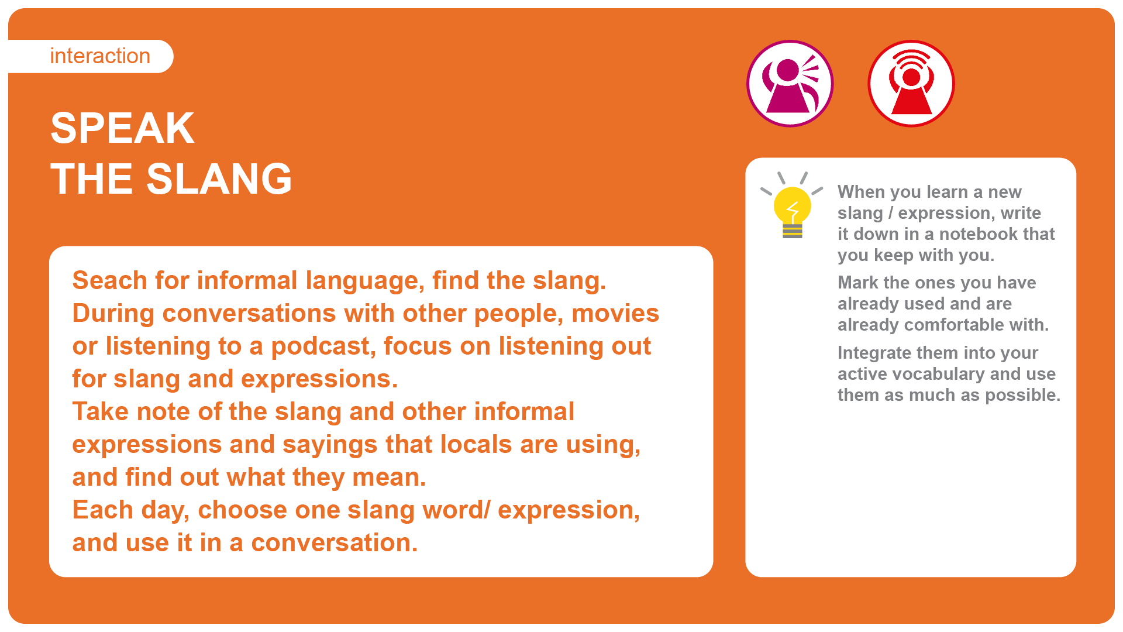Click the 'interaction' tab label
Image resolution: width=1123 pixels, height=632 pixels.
click(100, 56)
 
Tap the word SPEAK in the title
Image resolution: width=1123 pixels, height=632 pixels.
click(122, 128)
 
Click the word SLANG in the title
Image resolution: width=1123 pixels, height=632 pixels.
click(219, 179)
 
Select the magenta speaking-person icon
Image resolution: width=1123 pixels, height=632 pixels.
click(790, 84)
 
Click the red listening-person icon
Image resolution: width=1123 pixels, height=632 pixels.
click(911, 84)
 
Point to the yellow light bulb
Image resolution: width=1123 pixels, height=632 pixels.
click(792, 205)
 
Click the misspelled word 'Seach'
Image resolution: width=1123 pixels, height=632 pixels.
click(109, 280)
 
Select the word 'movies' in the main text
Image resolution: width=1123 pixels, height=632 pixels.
click(615, 314)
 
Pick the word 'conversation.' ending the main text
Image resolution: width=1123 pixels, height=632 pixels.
click(335, 543)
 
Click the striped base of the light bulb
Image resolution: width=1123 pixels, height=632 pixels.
click(793, 231)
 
